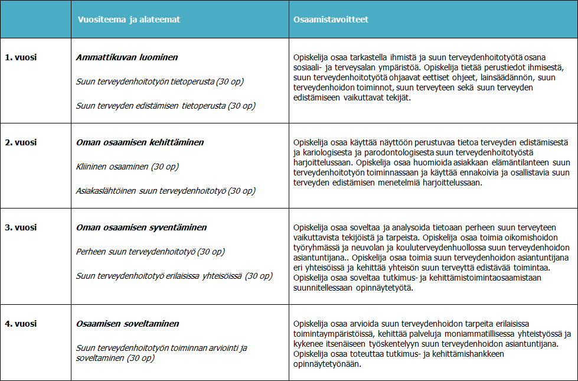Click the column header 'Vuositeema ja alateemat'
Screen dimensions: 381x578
point(129,19)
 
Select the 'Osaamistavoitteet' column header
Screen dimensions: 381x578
point(331,19)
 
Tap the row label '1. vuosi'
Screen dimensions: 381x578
point(21,57)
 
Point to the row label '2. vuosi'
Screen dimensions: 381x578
point(21,142)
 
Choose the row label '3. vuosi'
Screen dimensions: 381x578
point(21,227)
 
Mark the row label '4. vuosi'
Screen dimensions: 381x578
point(21,324)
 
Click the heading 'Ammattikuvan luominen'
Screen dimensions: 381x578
point(127,57)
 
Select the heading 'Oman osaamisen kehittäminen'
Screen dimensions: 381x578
point(140,142)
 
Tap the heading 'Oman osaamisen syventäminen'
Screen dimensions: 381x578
point(141,227)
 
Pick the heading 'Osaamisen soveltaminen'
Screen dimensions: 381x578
point(128,324)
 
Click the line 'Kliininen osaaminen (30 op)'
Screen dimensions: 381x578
point(128,167)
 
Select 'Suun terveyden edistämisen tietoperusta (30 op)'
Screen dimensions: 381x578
point(165,106)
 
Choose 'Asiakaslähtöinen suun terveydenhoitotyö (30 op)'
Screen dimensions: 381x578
point(165,191)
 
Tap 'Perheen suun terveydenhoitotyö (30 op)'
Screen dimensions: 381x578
point(151,252)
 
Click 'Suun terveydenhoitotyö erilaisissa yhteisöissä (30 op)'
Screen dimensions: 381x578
point(174,276)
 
